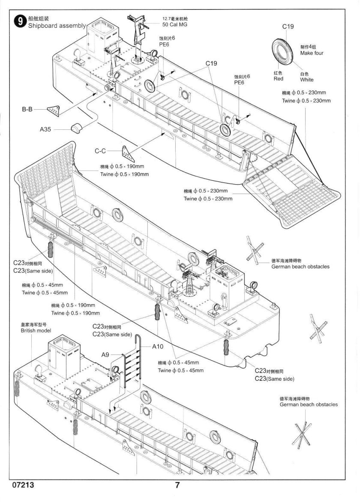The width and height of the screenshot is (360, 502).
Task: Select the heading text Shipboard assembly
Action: coord(57,26)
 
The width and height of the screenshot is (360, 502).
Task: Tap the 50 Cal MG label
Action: coord(174,25)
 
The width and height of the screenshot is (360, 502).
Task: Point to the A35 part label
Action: coord(45,129)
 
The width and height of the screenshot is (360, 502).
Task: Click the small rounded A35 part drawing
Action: coord(77,128)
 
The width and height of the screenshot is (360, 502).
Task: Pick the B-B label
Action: coord(27,110)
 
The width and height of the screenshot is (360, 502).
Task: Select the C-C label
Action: coord(101,151)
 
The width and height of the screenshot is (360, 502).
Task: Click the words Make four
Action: coord(312,53)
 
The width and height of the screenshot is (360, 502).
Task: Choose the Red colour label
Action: coord(278,79)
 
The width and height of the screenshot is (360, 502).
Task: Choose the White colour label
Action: coord(306,80)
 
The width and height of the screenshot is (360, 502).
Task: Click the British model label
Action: coord(36,331)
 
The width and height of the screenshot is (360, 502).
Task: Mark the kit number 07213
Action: coord(24,486)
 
